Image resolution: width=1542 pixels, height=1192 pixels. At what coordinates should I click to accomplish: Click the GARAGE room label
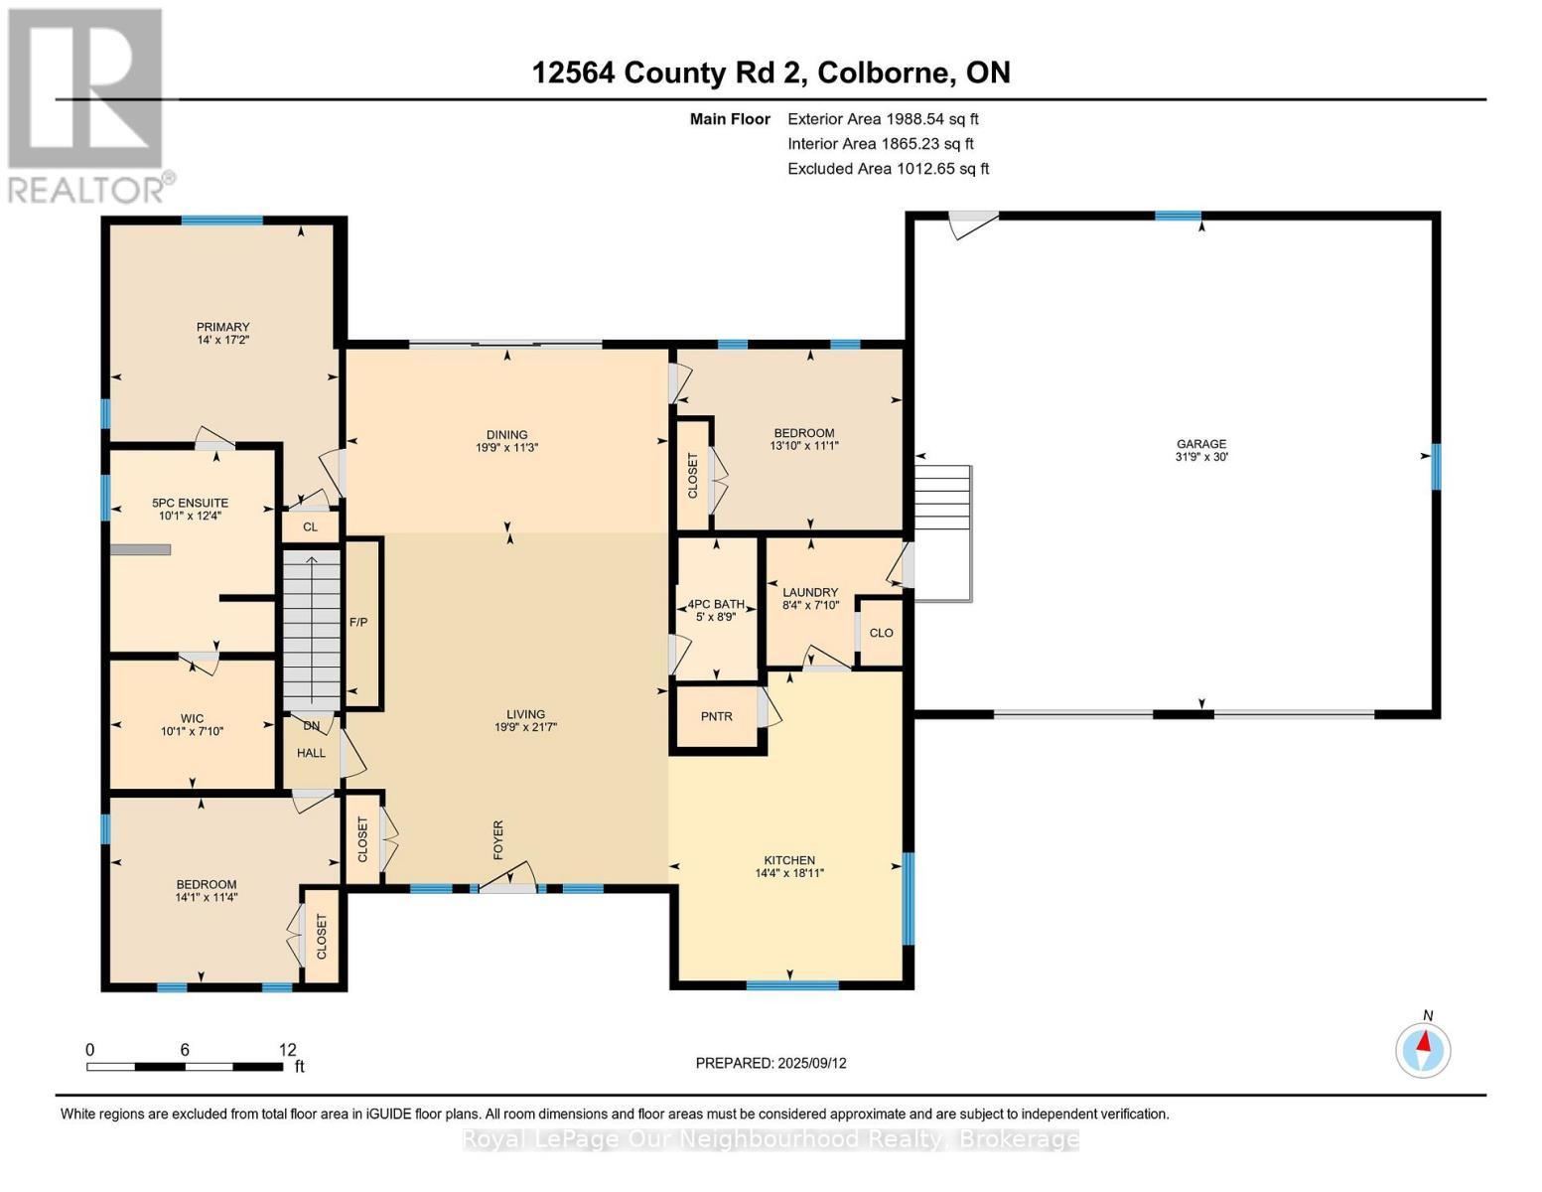point(1200,444)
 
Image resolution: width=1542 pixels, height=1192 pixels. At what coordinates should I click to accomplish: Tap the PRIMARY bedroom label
point(222,327)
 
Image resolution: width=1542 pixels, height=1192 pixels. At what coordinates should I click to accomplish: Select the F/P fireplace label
point(358,623)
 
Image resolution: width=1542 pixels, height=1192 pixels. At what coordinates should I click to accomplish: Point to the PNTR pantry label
point(716,716)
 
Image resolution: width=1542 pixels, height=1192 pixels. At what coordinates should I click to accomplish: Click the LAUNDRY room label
point(810,592)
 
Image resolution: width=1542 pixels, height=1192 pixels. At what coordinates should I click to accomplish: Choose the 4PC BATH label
point(716,604)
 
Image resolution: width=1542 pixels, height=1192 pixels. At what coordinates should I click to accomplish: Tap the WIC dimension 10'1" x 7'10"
point(192,731)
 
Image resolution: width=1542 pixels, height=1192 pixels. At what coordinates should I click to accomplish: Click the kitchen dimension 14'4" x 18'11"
point(789,873)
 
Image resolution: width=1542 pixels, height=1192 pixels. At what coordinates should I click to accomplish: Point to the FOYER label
point(498,840)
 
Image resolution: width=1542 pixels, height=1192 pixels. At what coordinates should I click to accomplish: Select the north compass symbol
point(1423,1050)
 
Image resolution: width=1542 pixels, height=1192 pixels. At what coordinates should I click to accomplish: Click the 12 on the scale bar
point(287,1049)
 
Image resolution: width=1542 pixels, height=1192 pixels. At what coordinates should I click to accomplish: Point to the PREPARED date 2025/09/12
point(812,1063)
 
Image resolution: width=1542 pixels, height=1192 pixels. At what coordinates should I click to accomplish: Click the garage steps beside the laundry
point(943,533)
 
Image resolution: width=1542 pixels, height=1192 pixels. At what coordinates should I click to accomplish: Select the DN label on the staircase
point(312,726)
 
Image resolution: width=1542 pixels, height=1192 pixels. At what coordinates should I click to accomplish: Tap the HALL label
point(311,753)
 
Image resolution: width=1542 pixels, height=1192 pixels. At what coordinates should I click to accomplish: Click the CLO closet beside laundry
point(881,633)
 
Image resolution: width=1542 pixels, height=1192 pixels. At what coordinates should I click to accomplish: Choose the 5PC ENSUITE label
point(191,503)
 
